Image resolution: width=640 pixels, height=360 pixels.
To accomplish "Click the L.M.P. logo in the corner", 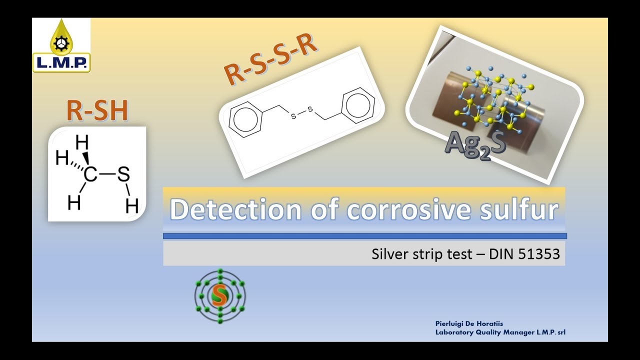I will coord(61,45).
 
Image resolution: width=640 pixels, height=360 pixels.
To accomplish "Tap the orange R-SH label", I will coord(97,110).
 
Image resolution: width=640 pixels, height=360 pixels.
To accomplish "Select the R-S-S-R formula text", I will coord(270,60).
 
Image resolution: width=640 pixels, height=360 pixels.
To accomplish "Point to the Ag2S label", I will coord(475,145).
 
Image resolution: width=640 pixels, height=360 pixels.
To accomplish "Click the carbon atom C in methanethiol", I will coord(90,175).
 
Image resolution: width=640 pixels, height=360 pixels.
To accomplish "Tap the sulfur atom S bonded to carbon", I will coord(123,175).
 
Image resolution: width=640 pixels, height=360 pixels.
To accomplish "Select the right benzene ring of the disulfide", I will coord(359,105).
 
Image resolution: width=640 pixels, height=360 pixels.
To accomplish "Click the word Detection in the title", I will coord(235,210).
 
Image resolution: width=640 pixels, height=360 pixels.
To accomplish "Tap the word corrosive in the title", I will coord(408,210).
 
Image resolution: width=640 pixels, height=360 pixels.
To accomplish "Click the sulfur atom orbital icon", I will coord(220,296).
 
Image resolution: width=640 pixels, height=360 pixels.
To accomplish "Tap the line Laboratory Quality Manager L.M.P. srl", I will coord(500,332).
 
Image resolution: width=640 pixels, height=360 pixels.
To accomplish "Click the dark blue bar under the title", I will coord(365,236).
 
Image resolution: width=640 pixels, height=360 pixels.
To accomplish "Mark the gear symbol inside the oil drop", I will coord(61,44).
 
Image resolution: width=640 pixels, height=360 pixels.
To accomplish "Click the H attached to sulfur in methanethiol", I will coord(132,205).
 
